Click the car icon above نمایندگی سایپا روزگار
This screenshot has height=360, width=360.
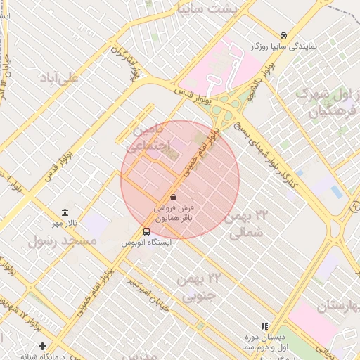tap(283, 35)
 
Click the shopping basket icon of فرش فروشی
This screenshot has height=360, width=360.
tap(174, 198)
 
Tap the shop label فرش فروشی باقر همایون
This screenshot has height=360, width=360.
tap(174, 214)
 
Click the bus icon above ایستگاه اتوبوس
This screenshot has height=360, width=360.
tap(146, 231)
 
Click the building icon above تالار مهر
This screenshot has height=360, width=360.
tap(65, 213)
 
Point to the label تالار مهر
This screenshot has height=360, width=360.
tap(65, 224)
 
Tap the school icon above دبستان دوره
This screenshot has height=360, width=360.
tap(264, 326)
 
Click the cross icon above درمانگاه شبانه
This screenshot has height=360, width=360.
tap(43, 346)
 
